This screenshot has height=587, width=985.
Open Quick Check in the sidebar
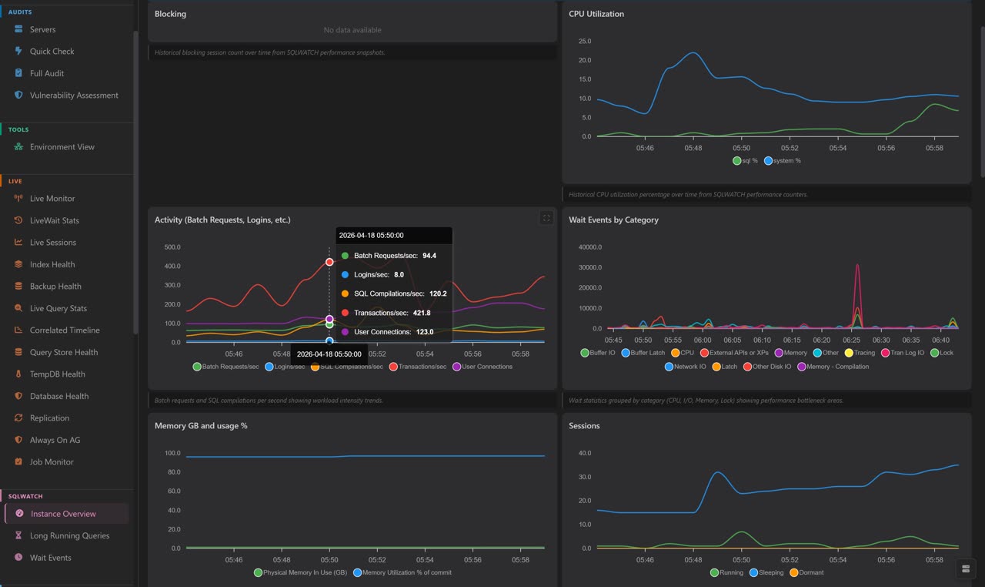(x=52, y=51)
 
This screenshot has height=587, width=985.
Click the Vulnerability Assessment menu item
(x=74, y=96)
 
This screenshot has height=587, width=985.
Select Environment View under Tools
(x=62, y=147)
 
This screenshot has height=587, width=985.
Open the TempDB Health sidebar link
(x=57, y=374)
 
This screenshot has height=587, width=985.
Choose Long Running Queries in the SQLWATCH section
(x=69, y=536)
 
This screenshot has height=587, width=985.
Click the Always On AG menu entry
(x=55, y=440)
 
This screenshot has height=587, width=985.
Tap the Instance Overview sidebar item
(x=63, y=514)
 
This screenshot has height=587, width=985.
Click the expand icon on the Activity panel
(x=546, y=218)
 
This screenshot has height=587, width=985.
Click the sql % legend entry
(x=745, y=161)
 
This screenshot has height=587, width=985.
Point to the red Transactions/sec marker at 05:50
(x=329, y=262)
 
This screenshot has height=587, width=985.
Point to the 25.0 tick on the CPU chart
(x=584, y=42)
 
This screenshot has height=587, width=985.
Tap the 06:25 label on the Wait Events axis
(x=851, y=340)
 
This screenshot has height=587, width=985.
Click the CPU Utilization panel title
(x=596, y=14)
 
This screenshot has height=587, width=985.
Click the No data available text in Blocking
(x=352, y=30)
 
